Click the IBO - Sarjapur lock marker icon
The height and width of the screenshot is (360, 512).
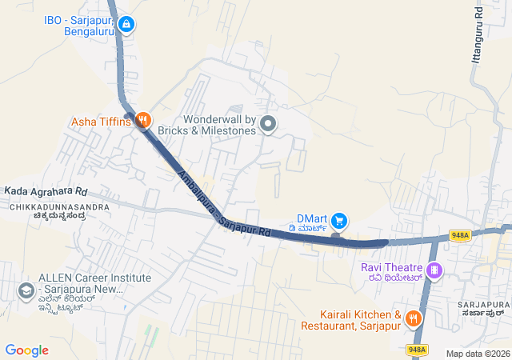[x=126, y=25]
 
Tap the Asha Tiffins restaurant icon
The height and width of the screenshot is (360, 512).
[x=143, y=121]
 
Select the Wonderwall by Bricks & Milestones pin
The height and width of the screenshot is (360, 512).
[x=269, y=124]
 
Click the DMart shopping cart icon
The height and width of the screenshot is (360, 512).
[x=339, y=219]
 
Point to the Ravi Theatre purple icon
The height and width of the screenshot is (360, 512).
[x=434, y=270]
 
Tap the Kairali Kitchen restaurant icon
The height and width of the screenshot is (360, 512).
[x=413, y=318]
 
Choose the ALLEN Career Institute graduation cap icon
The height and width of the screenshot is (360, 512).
[x=26, y=290]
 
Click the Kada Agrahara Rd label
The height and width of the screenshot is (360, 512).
[x=46, y=192]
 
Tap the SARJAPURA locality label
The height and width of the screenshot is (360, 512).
[x=483, y=305]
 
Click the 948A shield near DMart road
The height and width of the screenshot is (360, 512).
[x=459, y=235]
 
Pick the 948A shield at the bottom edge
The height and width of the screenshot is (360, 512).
[x=417, y=350]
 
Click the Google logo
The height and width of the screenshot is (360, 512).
[x=26, y=350]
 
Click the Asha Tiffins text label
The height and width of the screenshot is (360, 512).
[x=102, y=122]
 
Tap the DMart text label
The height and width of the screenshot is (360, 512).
[x=313, y=218]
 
